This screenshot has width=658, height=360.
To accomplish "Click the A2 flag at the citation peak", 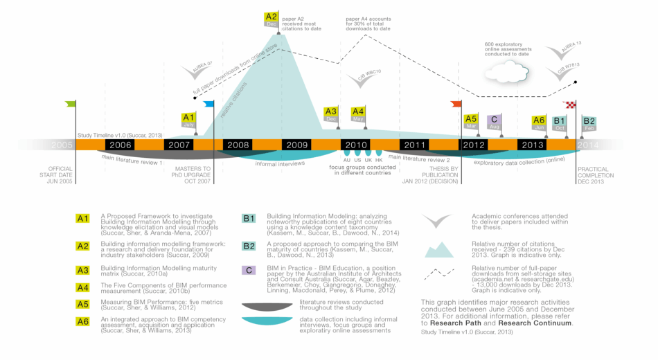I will click(x=271, y=19).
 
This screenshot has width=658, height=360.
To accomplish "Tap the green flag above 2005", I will click(x=71, y=104).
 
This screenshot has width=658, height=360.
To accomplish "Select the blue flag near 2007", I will click(x=209, y=105).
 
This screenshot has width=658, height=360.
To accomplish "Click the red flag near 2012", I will click(x=456, y=104).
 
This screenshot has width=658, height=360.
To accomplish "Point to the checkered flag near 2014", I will click(x=571, y=105).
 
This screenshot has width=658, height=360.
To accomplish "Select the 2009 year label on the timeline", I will click(x=296, y=145).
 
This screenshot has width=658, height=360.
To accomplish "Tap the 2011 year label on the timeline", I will click(x=415, y=145).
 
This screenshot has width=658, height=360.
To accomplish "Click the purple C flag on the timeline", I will click(x=494, y=121).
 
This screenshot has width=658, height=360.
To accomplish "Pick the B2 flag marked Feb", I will click(x=589, y=123).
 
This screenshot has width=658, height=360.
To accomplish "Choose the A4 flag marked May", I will click(x=358, y=114).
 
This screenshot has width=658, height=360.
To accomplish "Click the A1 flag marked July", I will click(x=188, y=120).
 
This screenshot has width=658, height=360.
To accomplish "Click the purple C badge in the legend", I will click(x=249, y=270).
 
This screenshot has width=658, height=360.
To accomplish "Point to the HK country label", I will click(x=379, y=160).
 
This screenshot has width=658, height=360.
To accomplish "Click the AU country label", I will click(x=347, y=160).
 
